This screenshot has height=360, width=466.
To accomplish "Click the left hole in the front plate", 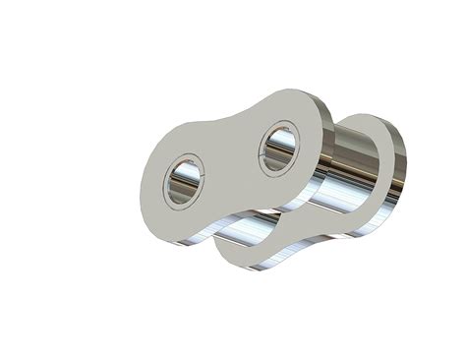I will [183, 181].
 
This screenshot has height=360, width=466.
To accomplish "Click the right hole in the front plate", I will [278, 148].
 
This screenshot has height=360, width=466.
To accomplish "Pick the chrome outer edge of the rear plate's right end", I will [399, 167].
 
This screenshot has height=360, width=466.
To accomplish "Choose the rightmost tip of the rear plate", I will [404, 157].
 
